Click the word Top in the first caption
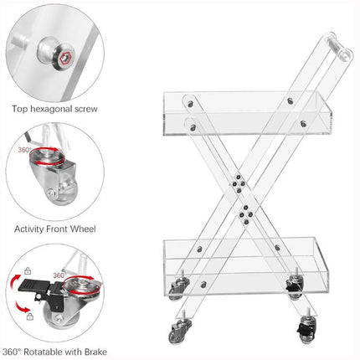[x=21, y=109]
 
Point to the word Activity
[x=32, y=229]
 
